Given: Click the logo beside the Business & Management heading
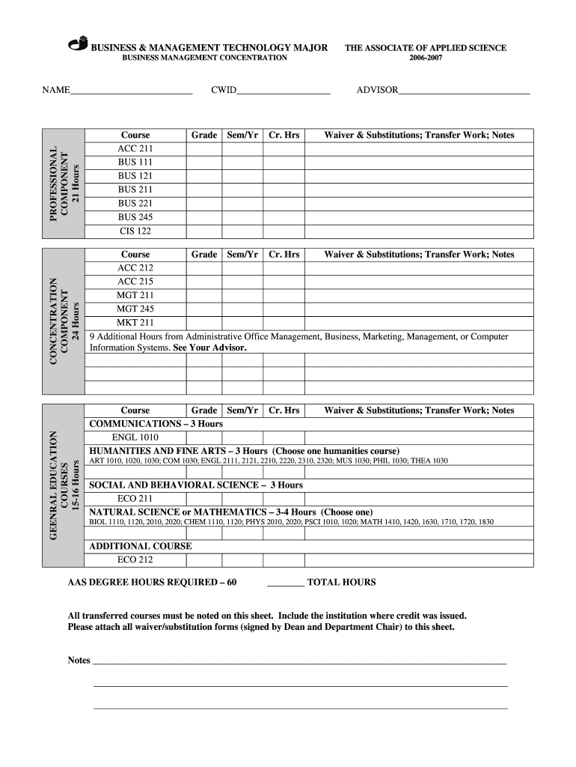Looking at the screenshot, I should [78, 44].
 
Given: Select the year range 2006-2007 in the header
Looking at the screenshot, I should [425, 58].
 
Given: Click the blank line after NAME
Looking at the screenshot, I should [131, 91].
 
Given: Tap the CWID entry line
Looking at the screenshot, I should [284, 91].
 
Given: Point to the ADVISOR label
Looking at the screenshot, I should [376, 91].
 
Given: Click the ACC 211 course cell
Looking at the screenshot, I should [135, 149].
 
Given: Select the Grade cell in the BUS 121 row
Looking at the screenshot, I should [203, 176].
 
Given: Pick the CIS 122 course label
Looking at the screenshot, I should [135, 231].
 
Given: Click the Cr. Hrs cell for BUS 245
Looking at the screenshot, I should [284, 217].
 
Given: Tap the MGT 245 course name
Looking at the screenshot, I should [135, 309].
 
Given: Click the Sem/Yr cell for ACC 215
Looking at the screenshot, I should [242, 282].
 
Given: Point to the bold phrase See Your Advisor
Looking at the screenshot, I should [209, 348].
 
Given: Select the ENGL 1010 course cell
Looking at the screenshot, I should [135, 437].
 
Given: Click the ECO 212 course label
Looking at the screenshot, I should [135, 560].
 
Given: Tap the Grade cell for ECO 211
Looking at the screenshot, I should [203, 498].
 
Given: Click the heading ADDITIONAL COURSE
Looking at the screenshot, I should [141, 546].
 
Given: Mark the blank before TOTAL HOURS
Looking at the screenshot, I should [285, 583].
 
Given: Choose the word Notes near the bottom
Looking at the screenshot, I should [79, 661].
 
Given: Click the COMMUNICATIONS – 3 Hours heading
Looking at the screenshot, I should [156, 424].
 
